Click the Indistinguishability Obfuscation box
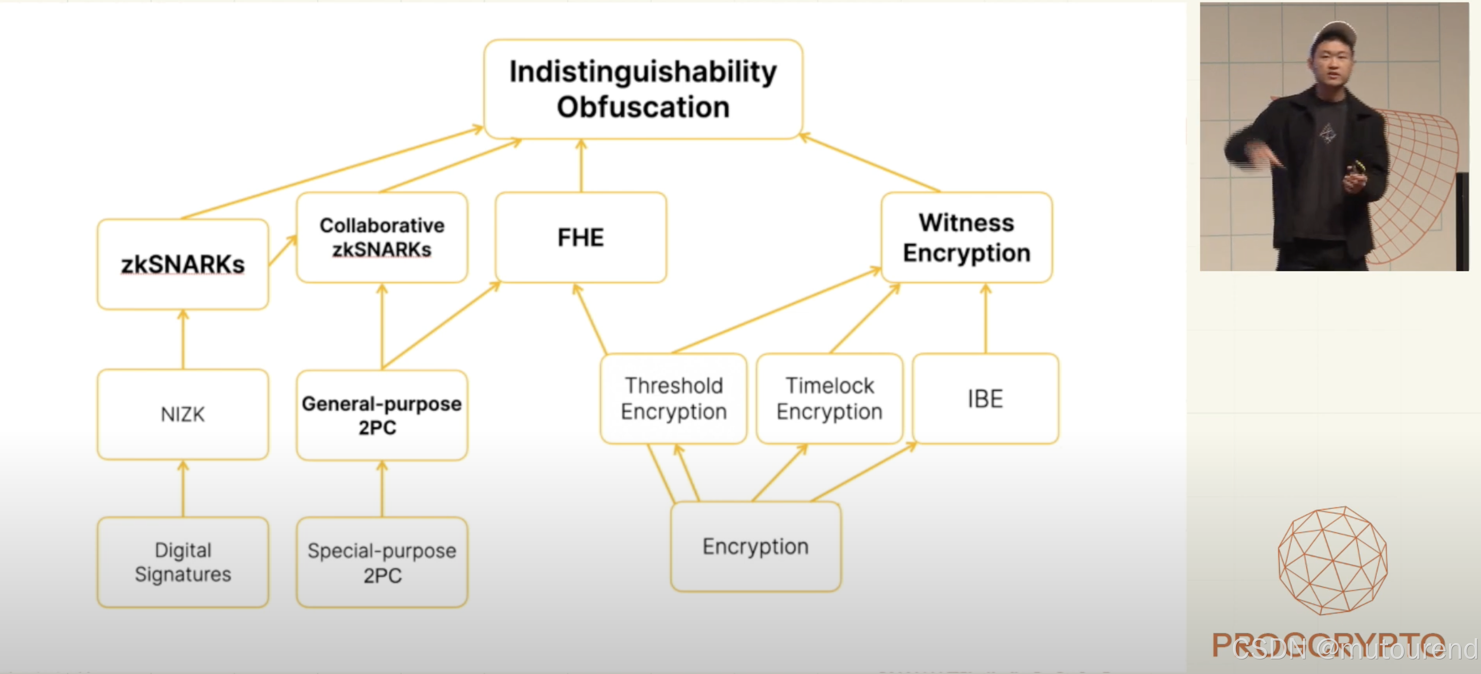(x=643, y=89)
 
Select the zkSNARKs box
(x=183, y=264)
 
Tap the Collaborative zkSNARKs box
(x=382, y=237)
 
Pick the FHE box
(x=581, y=237)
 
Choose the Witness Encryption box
(x=967, y=237)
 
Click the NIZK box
(x=183, y=414)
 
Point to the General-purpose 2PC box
(x=382, y=415)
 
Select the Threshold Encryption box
(x=673, y=398)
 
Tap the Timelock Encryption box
(x=829, y=398)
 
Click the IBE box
(x=985, y=398)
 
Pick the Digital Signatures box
(x=183, y=562)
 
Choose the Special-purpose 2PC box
(x=382, y=562)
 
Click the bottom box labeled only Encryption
(x=755, y=546)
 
